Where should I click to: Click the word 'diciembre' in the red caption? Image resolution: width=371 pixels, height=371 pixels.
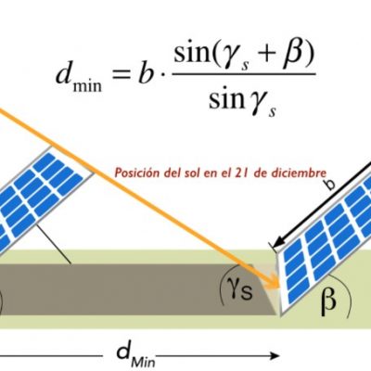tap(299, 173)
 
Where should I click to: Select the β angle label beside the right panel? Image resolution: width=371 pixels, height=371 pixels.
tap(328, 300)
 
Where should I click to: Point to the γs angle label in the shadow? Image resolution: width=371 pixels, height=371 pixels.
tap(240, 291)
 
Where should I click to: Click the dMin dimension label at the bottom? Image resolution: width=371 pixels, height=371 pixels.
tap(135, 355)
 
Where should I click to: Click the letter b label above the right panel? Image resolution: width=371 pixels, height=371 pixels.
tap(330, 184)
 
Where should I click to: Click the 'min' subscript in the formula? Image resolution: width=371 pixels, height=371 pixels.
tap(87, 85)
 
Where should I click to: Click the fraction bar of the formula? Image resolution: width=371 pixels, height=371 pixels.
tap(244, 74)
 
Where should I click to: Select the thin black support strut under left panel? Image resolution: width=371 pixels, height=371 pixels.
tap(55, 244)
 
